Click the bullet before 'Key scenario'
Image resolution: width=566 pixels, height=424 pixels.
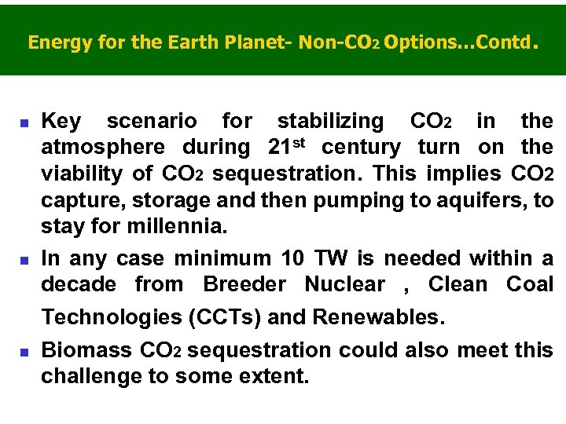(x=24, y=123)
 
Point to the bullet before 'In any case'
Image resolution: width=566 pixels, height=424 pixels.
(x=24, y=260)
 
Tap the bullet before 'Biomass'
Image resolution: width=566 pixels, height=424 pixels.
(x=24, y=351)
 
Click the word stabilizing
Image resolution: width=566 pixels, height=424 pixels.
(x=330, y=122)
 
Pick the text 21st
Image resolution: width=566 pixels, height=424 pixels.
(x=285, y=146)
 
